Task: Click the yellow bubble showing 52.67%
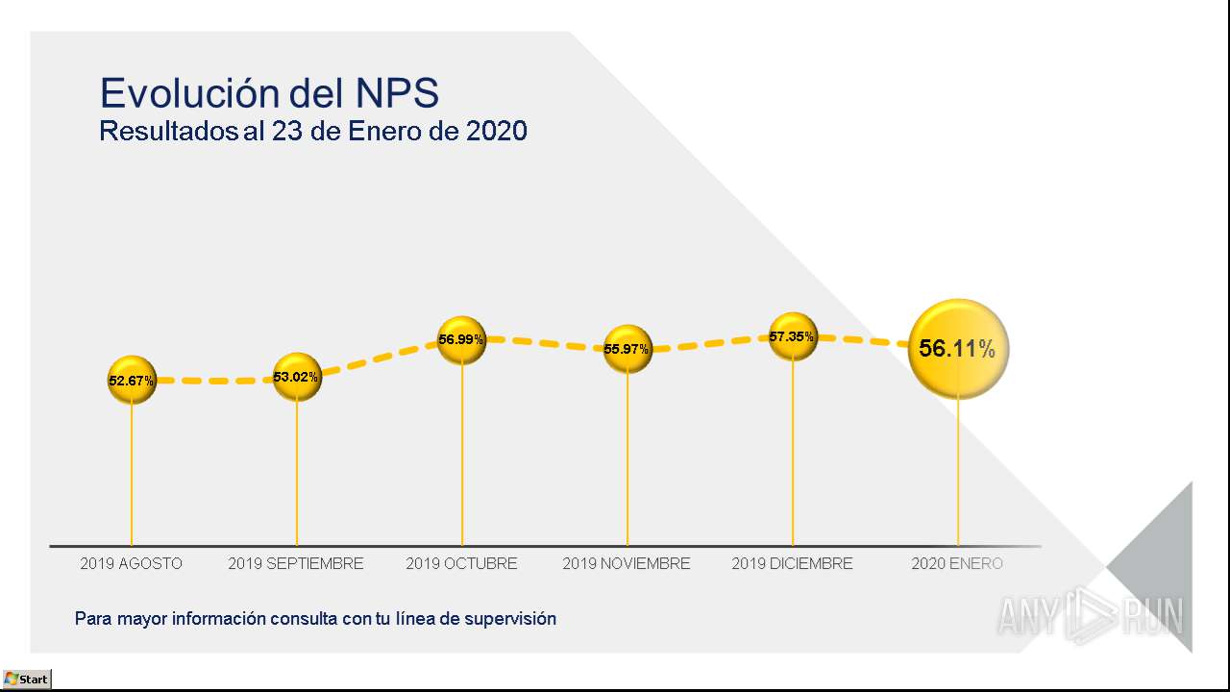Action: [x=132, y=380]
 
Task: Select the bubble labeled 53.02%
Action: [x=297, y=377]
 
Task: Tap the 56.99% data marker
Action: [x=462, y=340]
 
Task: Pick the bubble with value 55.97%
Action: [x=627, y=349]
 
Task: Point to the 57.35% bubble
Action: [x=793, y=336]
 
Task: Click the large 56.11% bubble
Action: [x=958, y=349]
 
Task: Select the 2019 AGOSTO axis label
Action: [x=132, y=563]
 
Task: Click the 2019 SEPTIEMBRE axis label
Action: [x=296, y=563]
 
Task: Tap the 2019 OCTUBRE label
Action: [x=462, y=563]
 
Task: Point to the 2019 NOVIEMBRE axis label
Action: [x=627, y=563]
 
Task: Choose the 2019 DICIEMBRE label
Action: [x=793, y=563]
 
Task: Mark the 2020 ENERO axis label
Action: [x=957, y=563]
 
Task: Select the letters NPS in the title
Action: [x=397, y=93]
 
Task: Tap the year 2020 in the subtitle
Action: [x=497, y=131]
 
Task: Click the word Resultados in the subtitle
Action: [x=168, y=131]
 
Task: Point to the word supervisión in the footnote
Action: [x=510, y=619]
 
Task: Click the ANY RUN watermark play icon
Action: [x=1092, y=615]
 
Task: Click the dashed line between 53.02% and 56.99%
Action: [x=380, y=358]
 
